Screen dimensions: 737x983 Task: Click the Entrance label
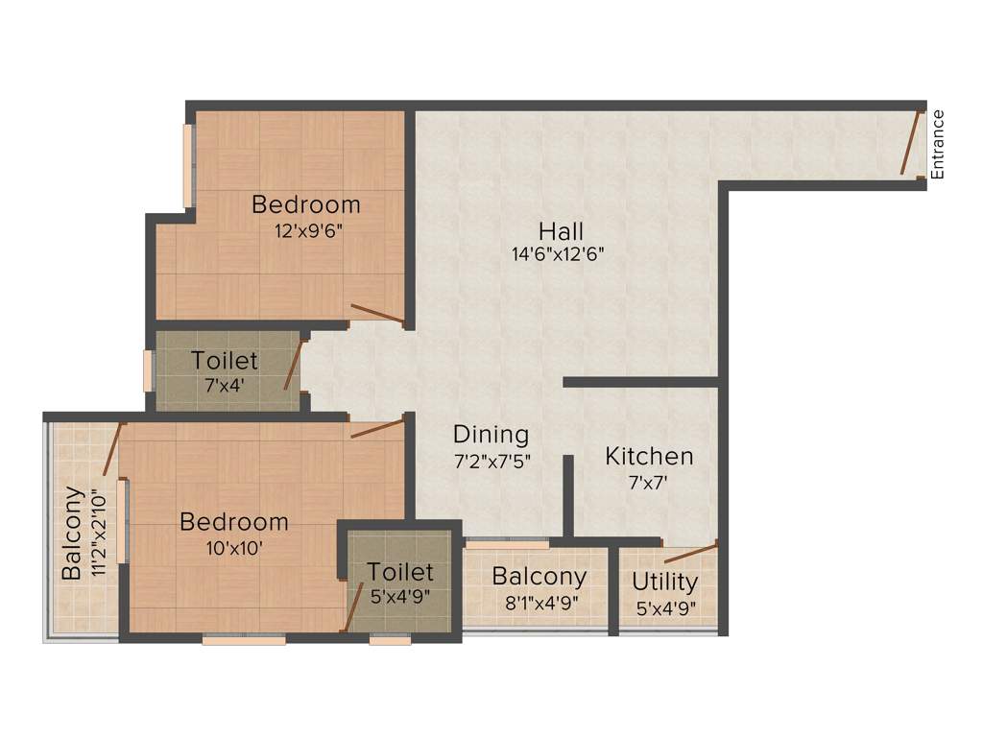[938, 145]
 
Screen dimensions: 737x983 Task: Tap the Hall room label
[561, 231]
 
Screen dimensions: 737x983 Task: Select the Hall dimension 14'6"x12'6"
[558, 255]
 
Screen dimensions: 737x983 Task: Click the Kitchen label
[649, 457]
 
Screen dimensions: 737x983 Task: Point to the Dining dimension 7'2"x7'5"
[491, 461]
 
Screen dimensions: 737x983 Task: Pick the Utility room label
[664, 582]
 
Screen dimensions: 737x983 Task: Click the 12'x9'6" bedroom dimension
[306, 230]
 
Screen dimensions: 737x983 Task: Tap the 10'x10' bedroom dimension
[234, 548]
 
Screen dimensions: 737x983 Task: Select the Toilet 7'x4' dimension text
[225, 386]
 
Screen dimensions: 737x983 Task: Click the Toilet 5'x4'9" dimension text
[400, 596]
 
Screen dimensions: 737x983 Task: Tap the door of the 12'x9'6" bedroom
[377, 313]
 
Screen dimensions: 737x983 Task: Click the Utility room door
[690, 552]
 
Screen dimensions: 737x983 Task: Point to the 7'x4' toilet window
[148, 370]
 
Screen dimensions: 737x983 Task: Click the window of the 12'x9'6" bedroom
[189, 164]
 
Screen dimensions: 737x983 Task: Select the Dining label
[491, 435]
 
